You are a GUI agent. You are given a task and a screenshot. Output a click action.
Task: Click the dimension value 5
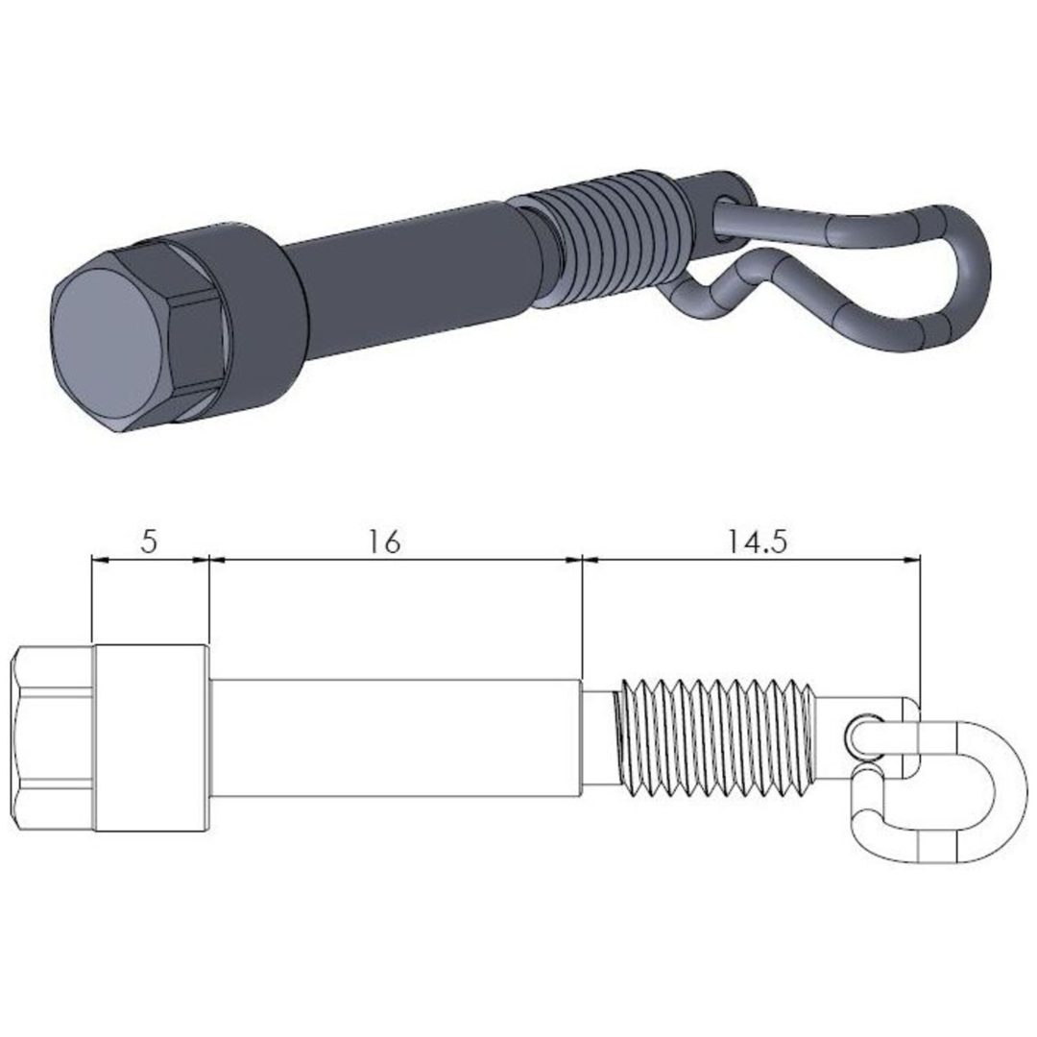[150, 542]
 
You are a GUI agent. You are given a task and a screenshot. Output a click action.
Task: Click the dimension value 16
[385, 542]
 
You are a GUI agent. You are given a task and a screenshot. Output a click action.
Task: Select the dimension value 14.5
[758, 542]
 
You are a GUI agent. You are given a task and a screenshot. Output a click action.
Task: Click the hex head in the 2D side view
[53, 738]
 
